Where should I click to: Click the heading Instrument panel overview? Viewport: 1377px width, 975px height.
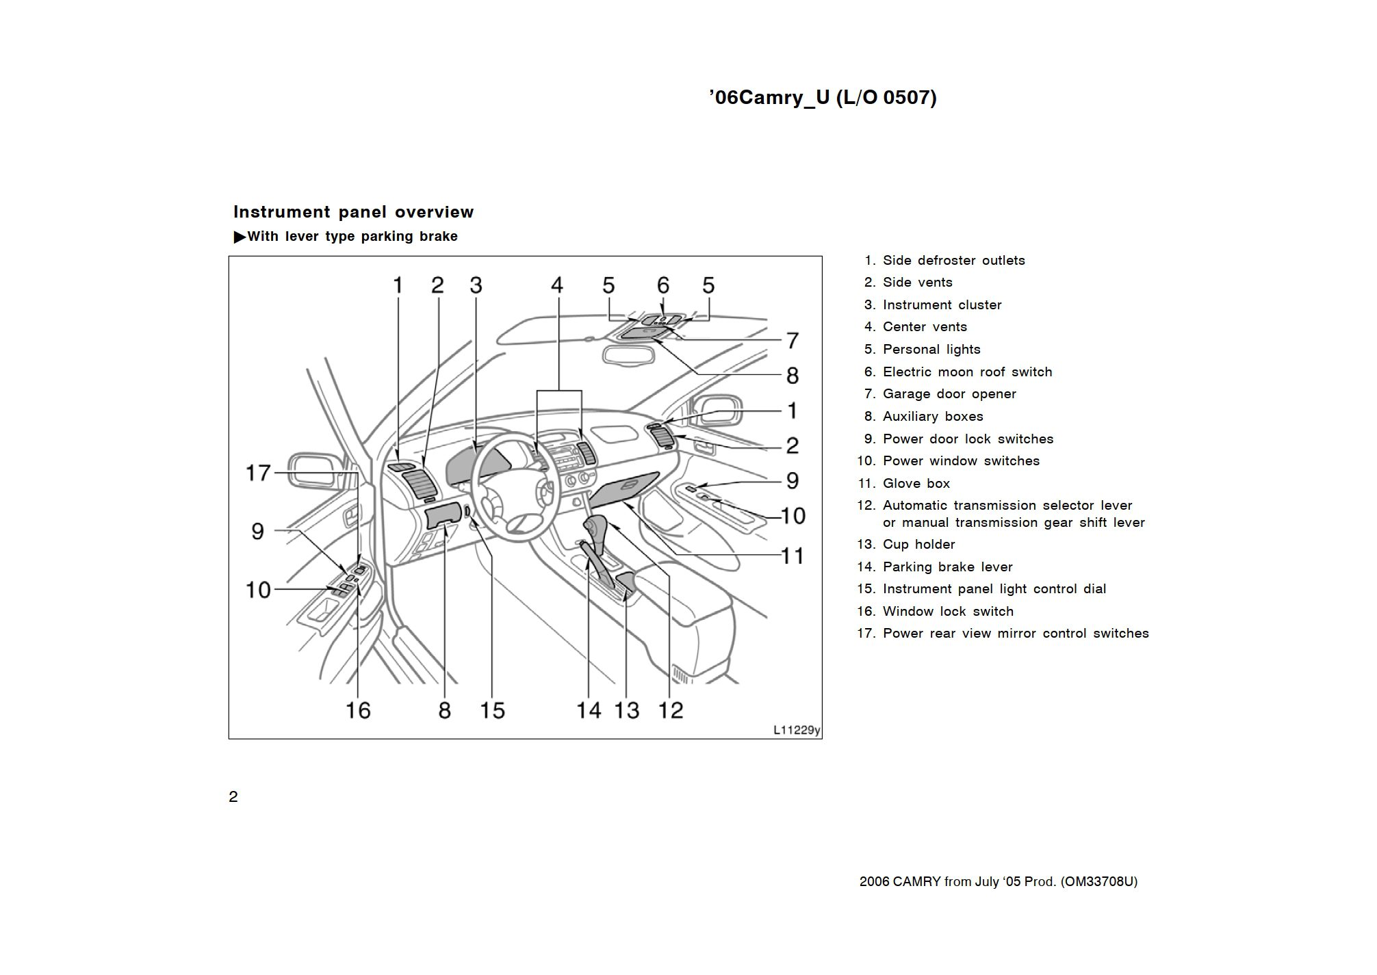[x=353, y=212]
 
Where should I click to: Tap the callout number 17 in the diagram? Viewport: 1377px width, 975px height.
[x=259, y=473]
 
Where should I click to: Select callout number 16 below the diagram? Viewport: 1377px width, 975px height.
[x=357, y=710]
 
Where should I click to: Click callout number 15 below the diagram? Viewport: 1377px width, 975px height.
[x=492, y=710]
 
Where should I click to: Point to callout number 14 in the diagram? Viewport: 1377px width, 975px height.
[x=589, y=710]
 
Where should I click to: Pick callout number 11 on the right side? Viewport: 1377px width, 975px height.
[x=792, y=556]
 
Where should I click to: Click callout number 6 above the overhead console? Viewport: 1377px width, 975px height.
[x=662, y=285]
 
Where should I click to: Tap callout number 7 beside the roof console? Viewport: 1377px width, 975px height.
[x=792, y=340]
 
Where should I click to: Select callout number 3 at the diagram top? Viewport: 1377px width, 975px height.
[x=476, y=285]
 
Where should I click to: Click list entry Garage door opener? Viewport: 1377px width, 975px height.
[x=949, y=394]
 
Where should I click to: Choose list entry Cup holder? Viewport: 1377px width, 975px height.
[x=918, y=545]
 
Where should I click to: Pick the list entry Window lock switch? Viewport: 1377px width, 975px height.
[x=947, y=612]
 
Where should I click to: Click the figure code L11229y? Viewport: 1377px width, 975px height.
[x=796, y=730]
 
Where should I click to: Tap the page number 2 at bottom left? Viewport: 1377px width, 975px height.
[x=233, y=797]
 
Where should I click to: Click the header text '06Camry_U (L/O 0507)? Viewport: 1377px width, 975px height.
[x=823, y=97]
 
